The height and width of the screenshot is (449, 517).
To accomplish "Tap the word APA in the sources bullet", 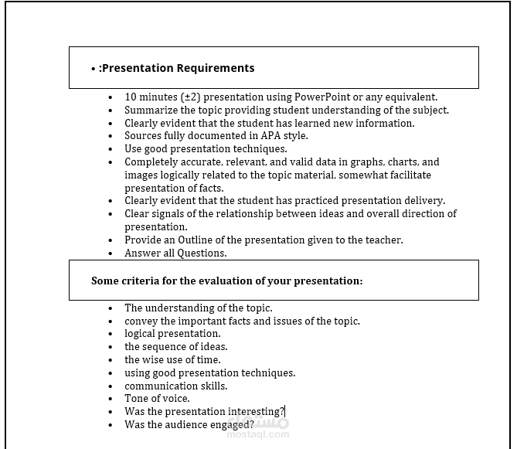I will [x=272, y=136].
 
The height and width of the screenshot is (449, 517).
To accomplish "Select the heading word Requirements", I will [x=216, y=68].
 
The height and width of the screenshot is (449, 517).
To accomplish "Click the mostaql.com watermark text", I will [x=258, y=434].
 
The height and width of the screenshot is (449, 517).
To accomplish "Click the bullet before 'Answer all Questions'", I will [x=111, y=253].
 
